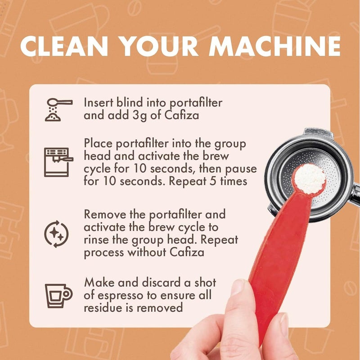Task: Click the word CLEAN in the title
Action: click(64, 46)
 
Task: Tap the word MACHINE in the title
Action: click(274, 46)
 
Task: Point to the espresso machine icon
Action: click(58, 162)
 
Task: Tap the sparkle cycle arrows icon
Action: click(57, 234)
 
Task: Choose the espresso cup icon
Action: click(58, 296)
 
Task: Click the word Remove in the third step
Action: click(105, 214)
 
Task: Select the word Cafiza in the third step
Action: click(187, 252)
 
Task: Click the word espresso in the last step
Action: click(120, 296)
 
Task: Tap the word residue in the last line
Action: click(103, 307)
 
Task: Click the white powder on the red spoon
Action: click(310, 178)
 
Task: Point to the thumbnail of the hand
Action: click(238, 287)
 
